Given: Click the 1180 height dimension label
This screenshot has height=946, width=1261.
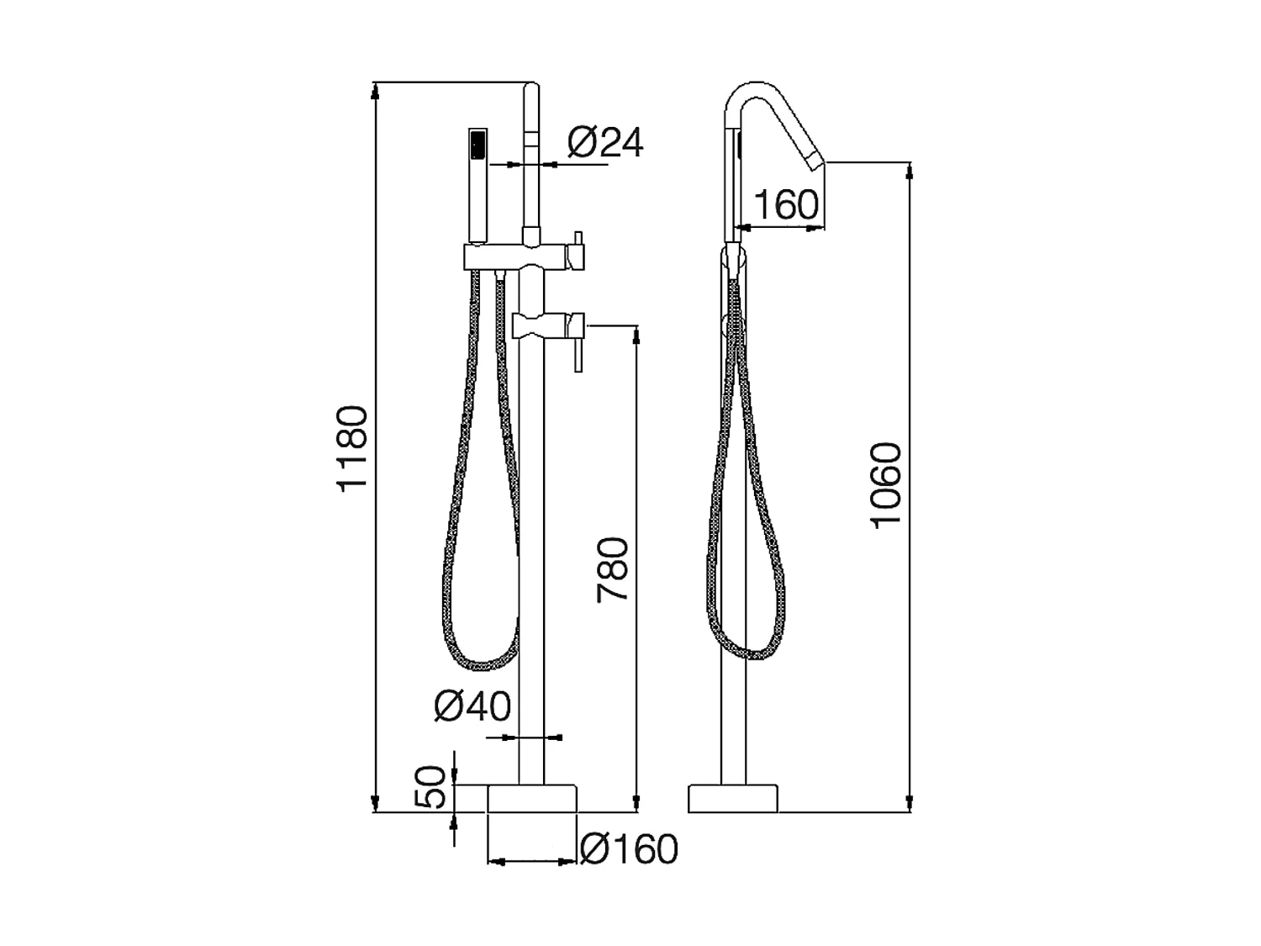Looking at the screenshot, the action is coord(351,448).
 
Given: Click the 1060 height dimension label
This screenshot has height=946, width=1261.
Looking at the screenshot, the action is coord(886,485).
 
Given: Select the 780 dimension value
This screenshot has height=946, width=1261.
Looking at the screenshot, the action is coord(612,569).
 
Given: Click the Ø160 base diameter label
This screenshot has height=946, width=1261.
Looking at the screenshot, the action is coord(629,849).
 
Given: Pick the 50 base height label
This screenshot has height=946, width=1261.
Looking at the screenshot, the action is coord(430,787).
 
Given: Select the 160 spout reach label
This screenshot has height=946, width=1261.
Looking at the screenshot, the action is coord(786,204).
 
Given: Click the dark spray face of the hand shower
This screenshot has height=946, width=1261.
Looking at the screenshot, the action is coord(478,145).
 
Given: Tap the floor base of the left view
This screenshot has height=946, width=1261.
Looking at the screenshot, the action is coord(532,798).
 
